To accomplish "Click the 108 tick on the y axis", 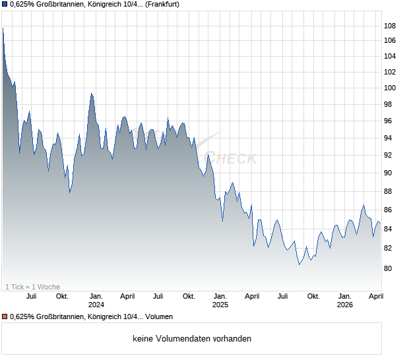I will (x=389, y=26).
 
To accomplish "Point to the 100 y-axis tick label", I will (x=389, y=88).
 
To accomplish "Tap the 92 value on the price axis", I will (x=389, y=155).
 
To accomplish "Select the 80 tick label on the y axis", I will (x=389, y=268).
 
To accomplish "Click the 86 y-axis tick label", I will (x=389, y=210).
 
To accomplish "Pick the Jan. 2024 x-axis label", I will (x=96, y=300).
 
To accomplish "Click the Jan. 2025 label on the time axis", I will (x=220, y=300).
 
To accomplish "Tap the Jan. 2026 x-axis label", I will (x=344, y=300).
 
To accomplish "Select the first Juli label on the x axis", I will (x=31, y=296).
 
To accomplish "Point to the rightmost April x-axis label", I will (x=375, y=296).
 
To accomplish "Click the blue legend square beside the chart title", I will (x=5, y=5).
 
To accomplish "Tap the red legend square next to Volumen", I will (x=5, y=317).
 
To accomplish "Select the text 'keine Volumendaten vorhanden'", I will (x=192, y=339).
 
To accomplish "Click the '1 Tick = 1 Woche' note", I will (x=32, y=287).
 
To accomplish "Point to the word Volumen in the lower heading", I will (x=159, y=317).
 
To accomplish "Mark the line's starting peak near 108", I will (x=3, y=28).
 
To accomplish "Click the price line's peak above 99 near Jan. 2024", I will (x=91, y=94).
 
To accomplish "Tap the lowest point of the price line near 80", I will (x=299, y=264).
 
